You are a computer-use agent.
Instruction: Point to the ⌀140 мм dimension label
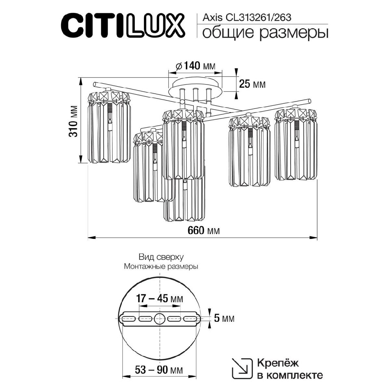(195, 66)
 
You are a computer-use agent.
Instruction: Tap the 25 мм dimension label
(252, 84)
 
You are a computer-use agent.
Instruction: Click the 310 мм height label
(74, 121)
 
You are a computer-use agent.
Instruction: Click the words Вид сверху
(161, 257)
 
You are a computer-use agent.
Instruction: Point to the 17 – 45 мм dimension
(159, 298)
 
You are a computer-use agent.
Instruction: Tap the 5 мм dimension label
(224, 319)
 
